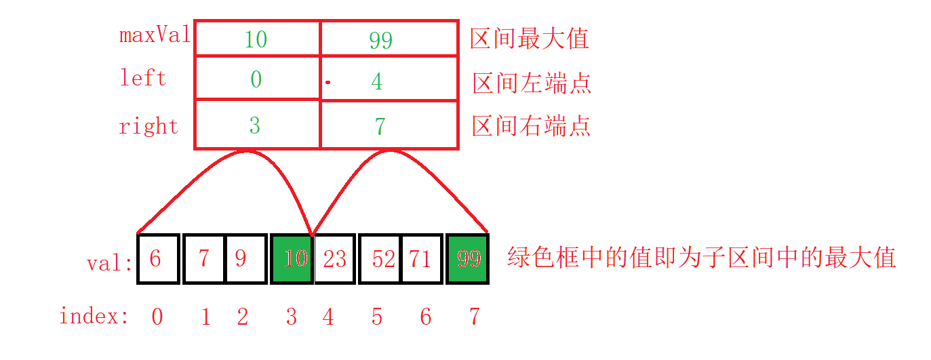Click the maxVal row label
click(155, 35)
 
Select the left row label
click(143, 78)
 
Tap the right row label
click(148, 126)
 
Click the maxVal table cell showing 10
click(257, 39)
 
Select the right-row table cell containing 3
click(257, 125)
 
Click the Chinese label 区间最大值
click(530, 39)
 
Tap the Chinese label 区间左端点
click(532, 83)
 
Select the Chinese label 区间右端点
click(532, 125)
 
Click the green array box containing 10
click(292, 258)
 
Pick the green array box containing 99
click(467, 258)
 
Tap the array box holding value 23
click(334, 258)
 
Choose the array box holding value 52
click(380, 258)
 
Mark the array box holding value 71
click(421, 258)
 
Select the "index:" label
click(94, 316)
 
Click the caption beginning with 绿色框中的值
click(702, 258)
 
